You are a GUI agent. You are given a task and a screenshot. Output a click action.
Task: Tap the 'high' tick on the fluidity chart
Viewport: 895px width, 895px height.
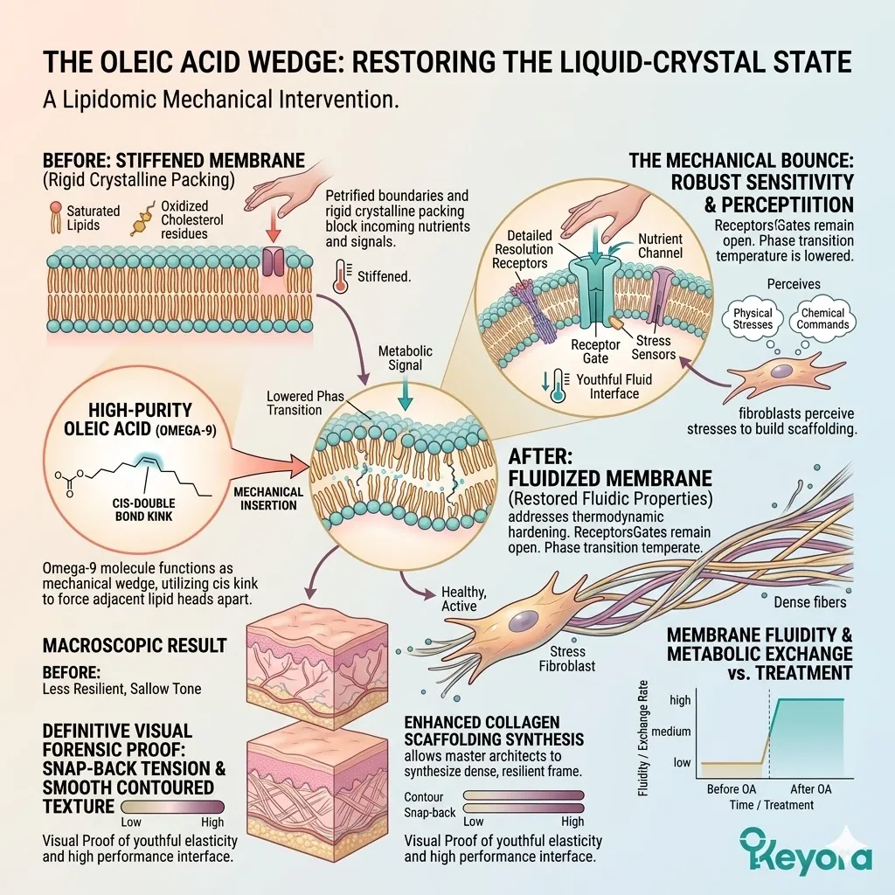(679, 700)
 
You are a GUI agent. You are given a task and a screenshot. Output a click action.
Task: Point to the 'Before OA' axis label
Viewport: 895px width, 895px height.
(731, 789)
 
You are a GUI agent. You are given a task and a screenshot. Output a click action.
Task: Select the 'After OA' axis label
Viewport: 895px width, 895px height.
(808, 789)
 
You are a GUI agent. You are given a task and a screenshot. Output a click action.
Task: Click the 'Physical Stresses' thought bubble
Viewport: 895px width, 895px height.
(753, 319)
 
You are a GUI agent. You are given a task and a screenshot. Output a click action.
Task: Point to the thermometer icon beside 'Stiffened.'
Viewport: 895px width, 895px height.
(341, 274)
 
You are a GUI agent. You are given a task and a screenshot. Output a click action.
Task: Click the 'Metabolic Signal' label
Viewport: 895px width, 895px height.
(406, 358)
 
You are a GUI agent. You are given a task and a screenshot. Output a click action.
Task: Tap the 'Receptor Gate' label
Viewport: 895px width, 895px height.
(595, 351)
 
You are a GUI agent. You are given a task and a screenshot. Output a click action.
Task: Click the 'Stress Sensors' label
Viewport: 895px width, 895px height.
(653, 348)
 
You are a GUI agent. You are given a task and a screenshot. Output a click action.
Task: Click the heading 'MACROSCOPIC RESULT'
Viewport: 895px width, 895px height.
(134, 646)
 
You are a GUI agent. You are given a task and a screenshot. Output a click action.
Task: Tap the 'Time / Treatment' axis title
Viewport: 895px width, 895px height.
(771, 804)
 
